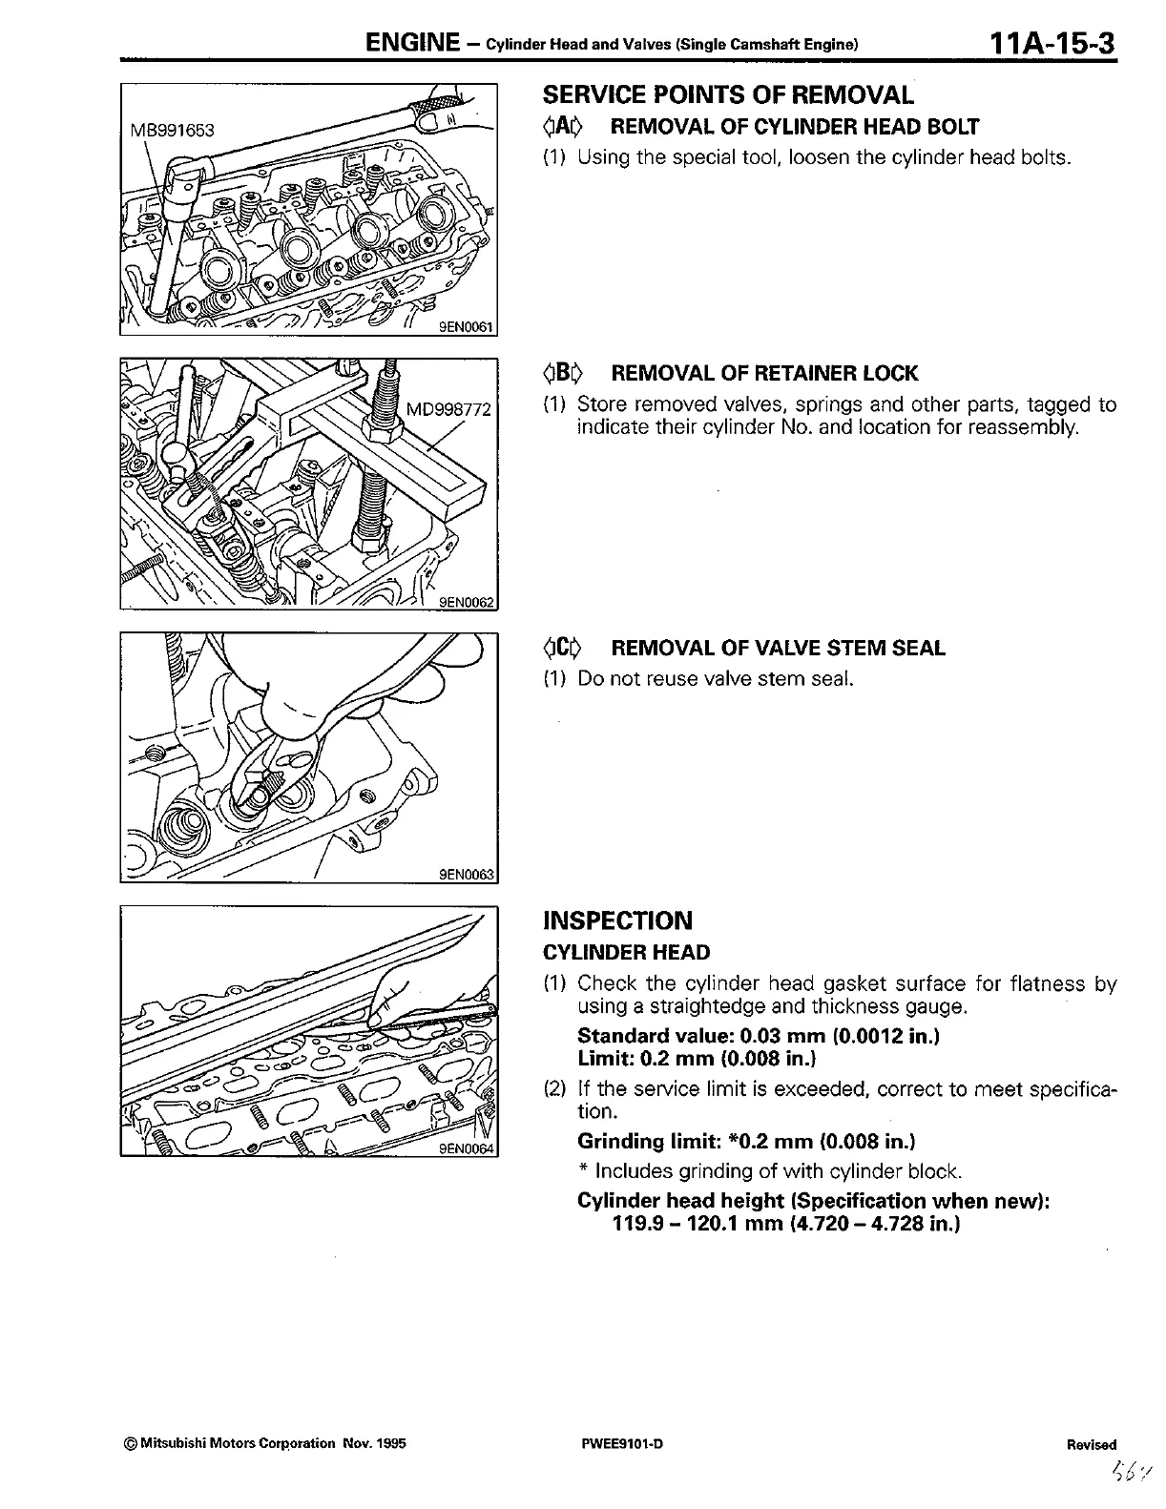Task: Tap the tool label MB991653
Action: [x=173, y=130]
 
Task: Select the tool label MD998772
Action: [x=448, y=410]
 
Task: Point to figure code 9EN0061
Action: [x=465, y=327]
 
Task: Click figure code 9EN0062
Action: [x=465, y=602]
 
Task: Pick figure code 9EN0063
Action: [x=465, y=875]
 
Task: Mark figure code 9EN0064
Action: [x=465, y=1148]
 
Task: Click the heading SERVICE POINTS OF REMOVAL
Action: [x=728, y=94]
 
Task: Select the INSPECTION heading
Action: [x=617, y=920]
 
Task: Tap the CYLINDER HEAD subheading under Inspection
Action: [x=626, y=952]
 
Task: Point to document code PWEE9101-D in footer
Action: [x=621, y=1443]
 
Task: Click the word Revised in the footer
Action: [x=1092, y=1444]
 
